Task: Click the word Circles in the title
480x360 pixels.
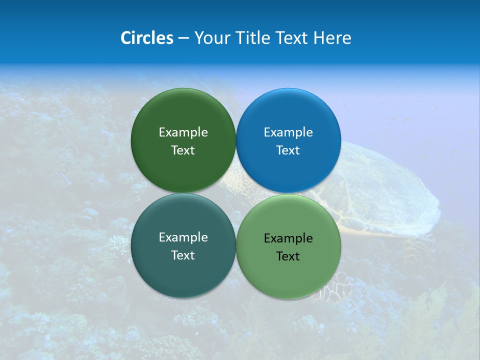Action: (146, 38)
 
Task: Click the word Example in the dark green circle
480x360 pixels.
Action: (183, 132)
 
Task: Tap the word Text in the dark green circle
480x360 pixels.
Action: (183, 150)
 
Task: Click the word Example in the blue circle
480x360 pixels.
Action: (288, 132)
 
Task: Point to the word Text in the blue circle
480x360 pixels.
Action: (288, 150)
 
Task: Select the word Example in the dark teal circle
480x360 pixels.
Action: (183, 237)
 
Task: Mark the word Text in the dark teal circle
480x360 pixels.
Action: (183, 255)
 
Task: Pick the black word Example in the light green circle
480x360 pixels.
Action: (288, 238)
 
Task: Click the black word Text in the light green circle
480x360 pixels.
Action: (288, 256)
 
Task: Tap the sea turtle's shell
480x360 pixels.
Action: (385, 190)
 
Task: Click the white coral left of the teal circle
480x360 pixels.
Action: (117, 243)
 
